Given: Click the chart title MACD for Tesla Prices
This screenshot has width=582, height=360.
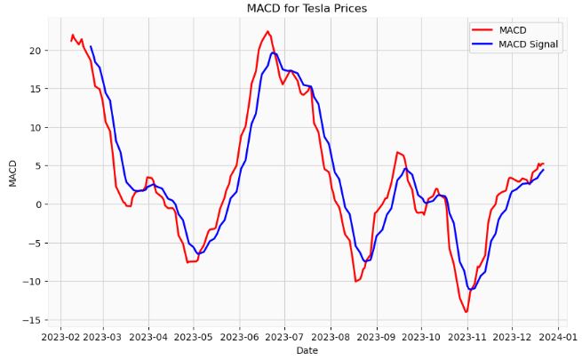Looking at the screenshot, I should (307, 8).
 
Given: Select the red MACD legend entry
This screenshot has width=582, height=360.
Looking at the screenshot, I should (512, 29).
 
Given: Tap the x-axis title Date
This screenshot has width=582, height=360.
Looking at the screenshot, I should (307, 351).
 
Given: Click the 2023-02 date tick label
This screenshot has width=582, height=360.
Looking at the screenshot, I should (60, 337).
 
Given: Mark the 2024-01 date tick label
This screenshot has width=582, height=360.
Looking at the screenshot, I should (559, 337).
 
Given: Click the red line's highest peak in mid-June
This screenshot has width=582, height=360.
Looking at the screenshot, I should (267, 31).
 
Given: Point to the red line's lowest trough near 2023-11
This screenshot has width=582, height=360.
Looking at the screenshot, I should (466, 312).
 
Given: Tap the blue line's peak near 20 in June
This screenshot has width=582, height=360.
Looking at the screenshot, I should (274, 52).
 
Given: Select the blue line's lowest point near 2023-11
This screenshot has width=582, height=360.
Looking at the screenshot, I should (471, 289).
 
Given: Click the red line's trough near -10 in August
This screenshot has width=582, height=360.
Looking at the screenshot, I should (355, 281).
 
